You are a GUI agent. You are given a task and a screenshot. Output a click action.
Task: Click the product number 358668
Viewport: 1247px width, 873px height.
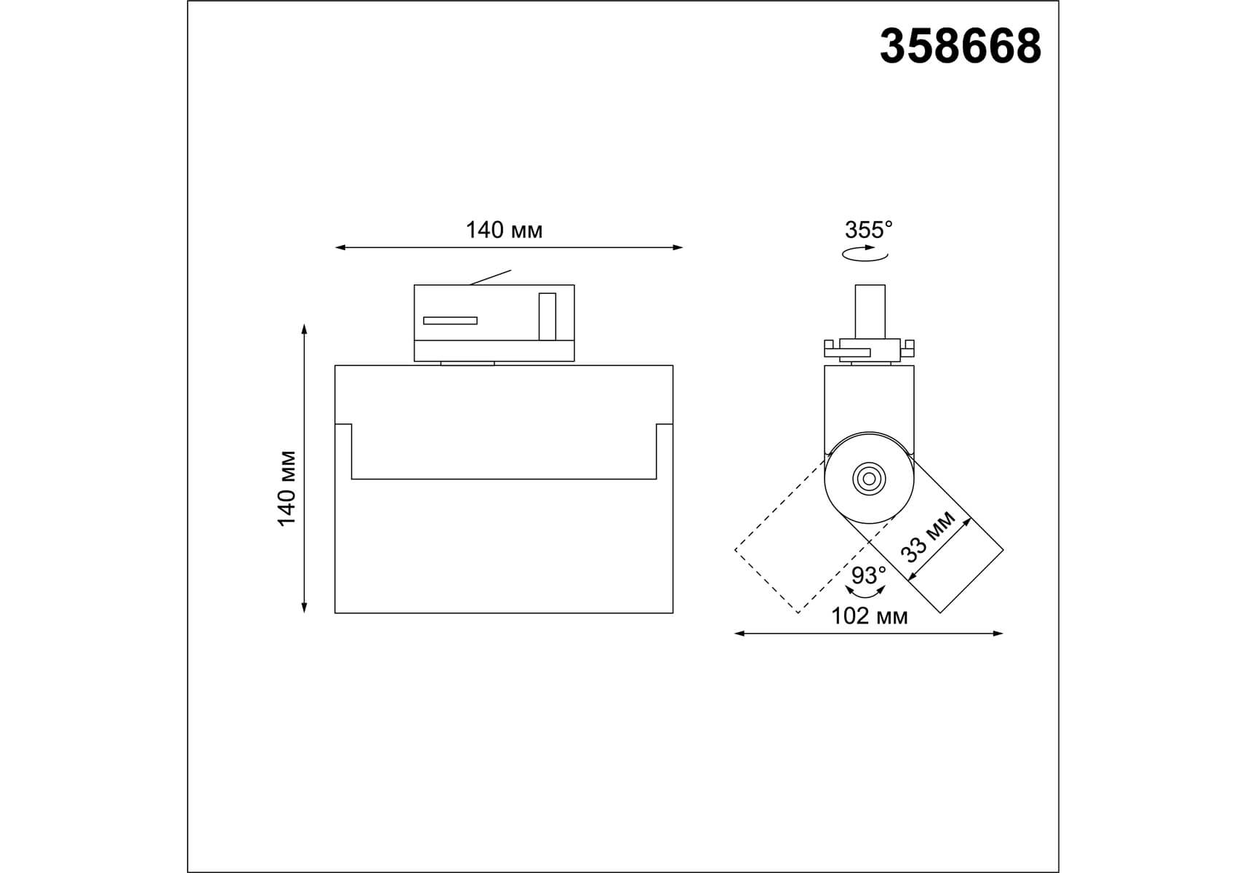pyautogui.click(x=960, y=47)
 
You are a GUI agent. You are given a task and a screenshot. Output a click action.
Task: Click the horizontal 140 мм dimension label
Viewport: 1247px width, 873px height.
pyautogui.click(x=504, y=230)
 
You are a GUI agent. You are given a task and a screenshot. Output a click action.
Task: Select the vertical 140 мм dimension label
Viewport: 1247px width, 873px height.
pyautogui.click(x=286, y=488)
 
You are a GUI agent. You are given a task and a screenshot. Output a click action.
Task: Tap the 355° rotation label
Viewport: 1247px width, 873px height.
pyautogui.click(x=868, y=230)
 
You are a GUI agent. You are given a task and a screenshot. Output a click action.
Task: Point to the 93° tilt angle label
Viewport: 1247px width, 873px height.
pyautogui.click(x=869, y=575)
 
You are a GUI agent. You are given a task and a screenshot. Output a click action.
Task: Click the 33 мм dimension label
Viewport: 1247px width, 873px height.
pyautogui.click(x=927, y=537)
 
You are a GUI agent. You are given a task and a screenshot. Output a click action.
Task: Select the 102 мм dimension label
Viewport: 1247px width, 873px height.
pyautogui.click(x=869, y=616)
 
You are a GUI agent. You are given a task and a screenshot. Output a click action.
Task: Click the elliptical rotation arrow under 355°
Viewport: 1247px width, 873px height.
pyautogui.click(x=865, y=254)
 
